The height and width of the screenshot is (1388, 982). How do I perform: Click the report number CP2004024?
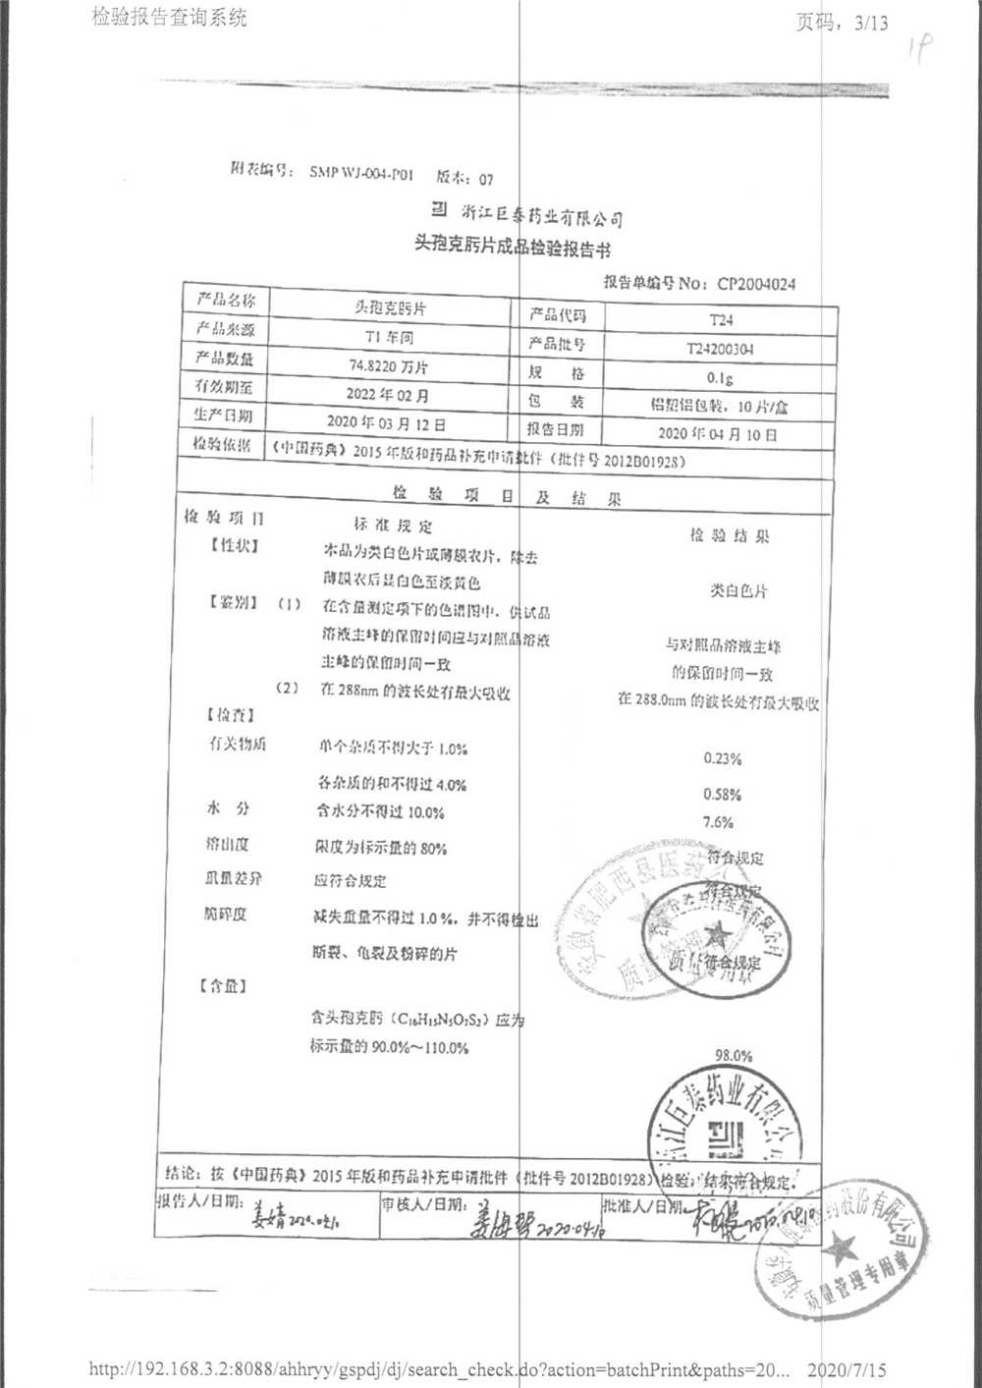pos(756,284)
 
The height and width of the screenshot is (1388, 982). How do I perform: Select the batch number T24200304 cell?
pos(721,349)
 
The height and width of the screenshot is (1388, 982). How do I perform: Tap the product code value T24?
pos(721,320)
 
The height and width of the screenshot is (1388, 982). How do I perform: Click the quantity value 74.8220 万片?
pos(389,366)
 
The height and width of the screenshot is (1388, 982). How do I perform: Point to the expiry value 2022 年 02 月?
pos(388,395)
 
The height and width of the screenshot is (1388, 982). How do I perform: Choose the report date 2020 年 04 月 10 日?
pos(718,433)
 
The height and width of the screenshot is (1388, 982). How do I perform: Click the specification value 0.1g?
pos(720,378)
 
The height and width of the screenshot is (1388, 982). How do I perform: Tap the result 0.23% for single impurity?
pos(723,758)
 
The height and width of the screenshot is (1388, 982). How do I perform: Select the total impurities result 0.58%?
pos(723,794)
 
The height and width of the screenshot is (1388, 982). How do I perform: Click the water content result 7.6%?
pos(719,822)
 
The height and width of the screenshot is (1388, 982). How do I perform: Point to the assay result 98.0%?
pos(734,1056)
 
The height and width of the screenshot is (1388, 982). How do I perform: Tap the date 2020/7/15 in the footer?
pos(846,1369)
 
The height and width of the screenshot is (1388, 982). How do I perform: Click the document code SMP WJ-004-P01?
pos(361,173)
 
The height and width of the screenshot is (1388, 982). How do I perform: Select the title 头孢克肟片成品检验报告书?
pos(512,247)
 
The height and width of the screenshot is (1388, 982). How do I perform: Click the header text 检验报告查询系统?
pos(170,17)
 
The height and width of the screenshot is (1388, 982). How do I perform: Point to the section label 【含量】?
pos(223,985)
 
